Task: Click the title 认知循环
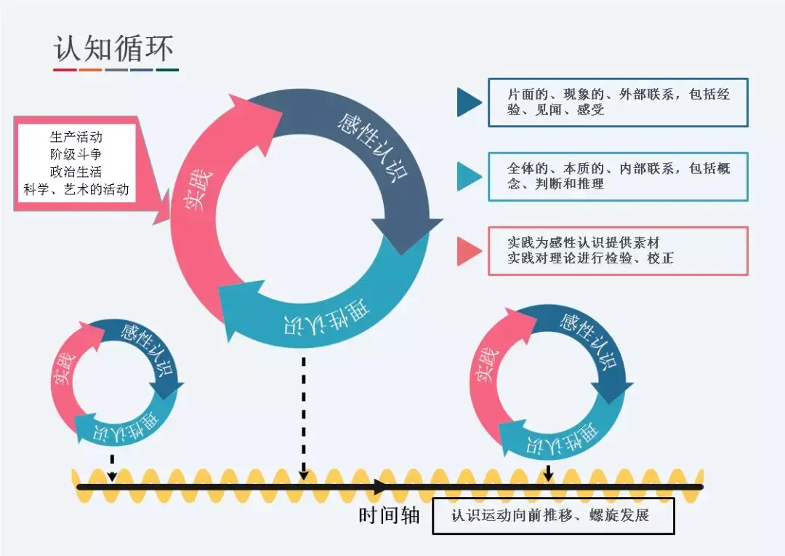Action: coord(114,48)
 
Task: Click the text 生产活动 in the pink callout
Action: coord(76,137)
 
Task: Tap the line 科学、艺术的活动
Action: coord(76,189)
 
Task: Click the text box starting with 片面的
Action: coord(618,103)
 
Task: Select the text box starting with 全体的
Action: coord(618,176)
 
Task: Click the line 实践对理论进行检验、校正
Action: coord(590,259)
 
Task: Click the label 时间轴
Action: coord(390,515)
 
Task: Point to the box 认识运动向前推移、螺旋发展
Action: coord(553,516)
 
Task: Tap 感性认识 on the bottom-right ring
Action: coord(589,340)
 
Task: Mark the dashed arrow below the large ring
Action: coord(304,415)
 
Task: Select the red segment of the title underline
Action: coord(65,71)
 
